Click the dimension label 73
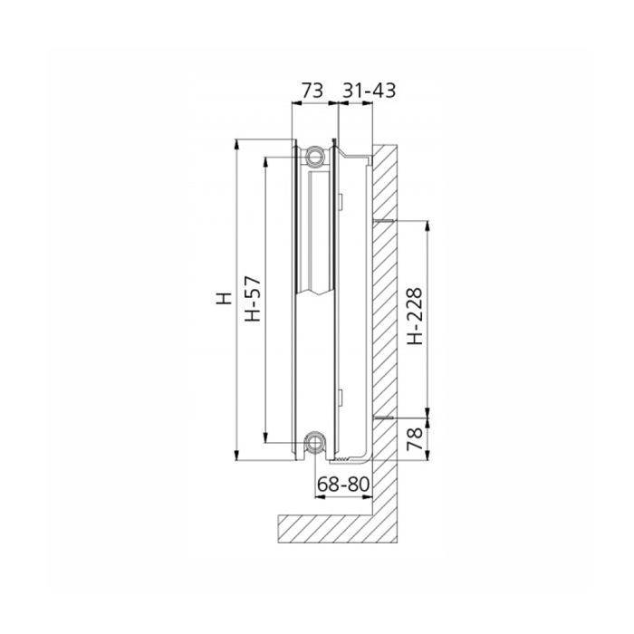312,91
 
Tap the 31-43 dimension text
370,91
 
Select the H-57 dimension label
254,299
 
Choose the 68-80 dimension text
343,484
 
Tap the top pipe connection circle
315,156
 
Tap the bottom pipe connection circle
315,442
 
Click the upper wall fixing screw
382,220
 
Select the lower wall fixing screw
382,418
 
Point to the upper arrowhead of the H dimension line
237,145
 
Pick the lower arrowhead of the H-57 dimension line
266,437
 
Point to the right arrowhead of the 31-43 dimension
371,103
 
